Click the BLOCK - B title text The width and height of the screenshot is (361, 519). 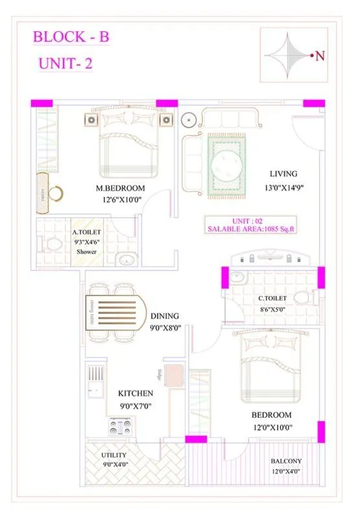[71, 37]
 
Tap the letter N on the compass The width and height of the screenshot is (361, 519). [320, 56]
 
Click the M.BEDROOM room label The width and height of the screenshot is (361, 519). [120, 189]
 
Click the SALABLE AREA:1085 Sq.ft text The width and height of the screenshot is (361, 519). [251, 229]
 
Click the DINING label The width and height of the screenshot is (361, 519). [165, 316]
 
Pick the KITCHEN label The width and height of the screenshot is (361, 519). [135, 393]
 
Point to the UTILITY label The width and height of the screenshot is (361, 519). [113, 455]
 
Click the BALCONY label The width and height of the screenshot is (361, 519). [286, 461]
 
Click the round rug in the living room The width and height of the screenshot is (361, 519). [227, 165]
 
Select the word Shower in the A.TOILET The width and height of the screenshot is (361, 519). [86, 251]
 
